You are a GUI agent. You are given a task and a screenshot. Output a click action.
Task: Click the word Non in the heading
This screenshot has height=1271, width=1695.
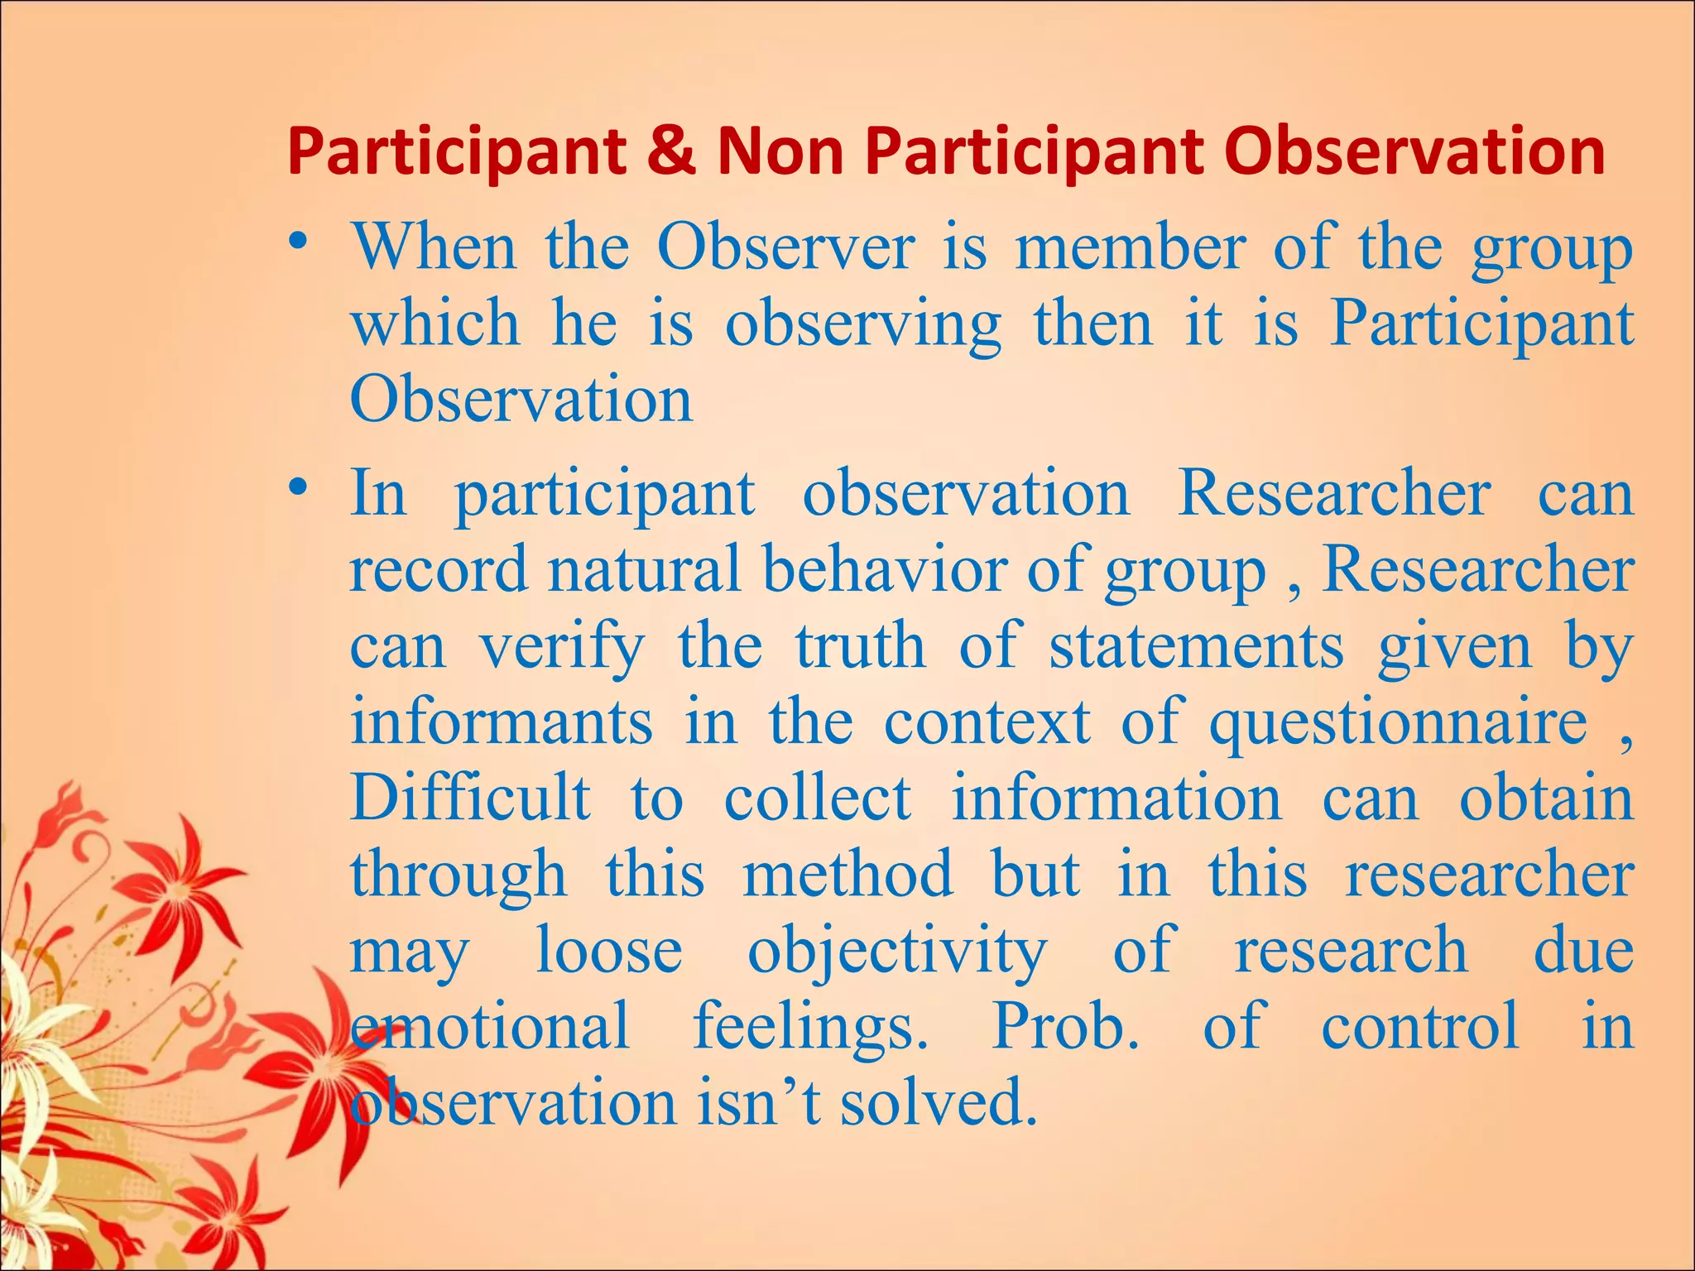point(779,153)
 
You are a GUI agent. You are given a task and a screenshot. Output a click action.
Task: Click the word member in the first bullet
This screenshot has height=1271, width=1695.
point(1130,248)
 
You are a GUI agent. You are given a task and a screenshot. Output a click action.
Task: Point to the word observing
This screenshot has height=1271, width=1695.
point(862,325)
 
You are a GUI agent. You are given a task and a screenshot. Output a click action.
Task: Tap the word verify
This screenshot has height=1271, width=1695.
point(562,648)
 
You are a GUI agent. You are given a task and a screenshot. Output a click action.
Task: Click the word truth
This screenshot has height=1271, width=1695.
point(860,646)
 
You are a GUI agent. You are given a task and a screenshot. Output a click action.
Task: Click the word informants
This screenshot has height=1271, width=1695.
point(501,722)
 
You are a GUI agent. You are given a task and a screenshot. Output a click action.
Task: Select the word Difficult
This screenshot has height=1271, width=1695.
point(470,799)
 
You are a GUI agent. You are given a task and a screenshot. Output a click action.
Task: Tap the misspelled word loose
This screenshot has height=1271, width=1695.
point(609,951)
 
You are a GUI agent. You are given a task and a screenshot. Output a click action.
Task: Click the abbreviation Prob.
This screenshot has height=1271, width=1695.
point(1065,1027)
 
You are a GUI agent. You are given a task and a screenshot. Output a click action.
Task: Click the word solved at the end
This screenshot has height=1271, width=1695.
point(939,1104)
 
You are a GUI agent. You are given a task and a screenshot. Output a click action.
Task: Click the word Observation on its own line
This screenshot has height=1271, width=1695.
point(521,400)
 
